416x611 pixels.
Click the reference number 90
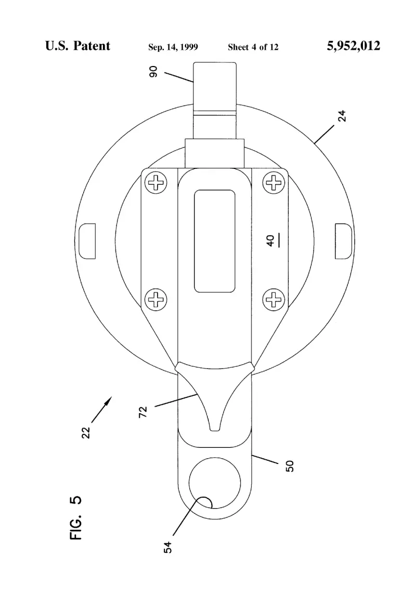pyautogui.click(x=153, y=71)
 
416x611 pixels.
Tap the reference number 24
pyautogui.click(x=342, y=116)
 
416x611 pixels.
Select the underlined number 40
pyautogui.click(x=271, y=241)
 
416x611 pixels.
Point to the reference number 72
pyautogui.click(x=143, y=412)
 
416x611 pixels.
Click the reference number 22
pyautogui.click(x=86, y=432)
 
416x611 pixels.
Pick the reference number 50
pyautogui.click(x=290, y=466)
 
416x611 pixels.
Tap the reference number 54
pyautogui.click(x=167, y=547)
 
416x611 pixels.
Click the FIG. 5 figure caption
pyautogui.click(x=76, y=517)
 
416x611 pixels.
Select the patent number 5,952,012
pyautogui.click(x=354, y=46)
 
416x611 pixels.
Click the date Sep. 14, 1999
pyautogui.click(x=173, y=47)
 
